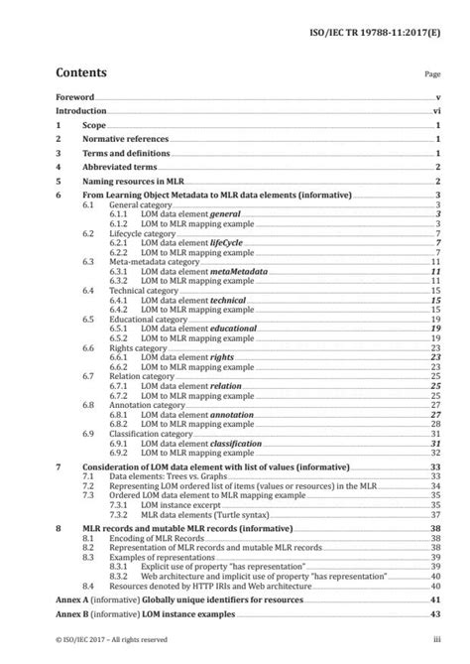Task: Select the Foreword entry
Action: (75, 98)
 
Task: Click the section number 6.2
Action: (88, 232)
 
